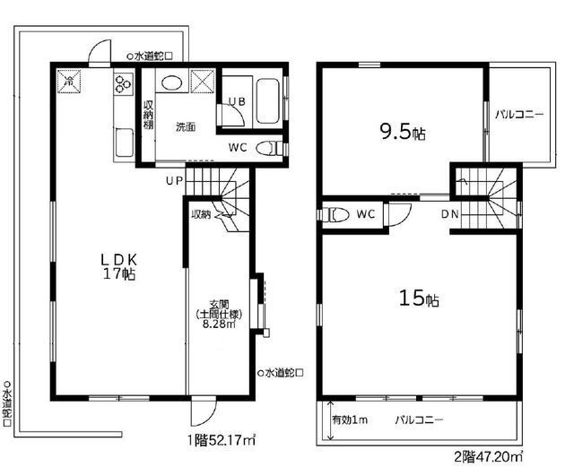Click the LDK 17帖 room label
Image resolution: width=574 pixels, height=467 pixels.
(117, 267)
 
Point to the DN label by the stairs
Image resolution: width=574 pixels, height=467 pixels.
(450, 215)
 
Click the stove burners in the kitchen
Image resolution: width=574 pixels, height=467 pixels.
(123, 83)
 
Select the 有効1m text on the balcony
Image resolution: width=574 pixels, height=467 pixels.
(347, 419)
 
